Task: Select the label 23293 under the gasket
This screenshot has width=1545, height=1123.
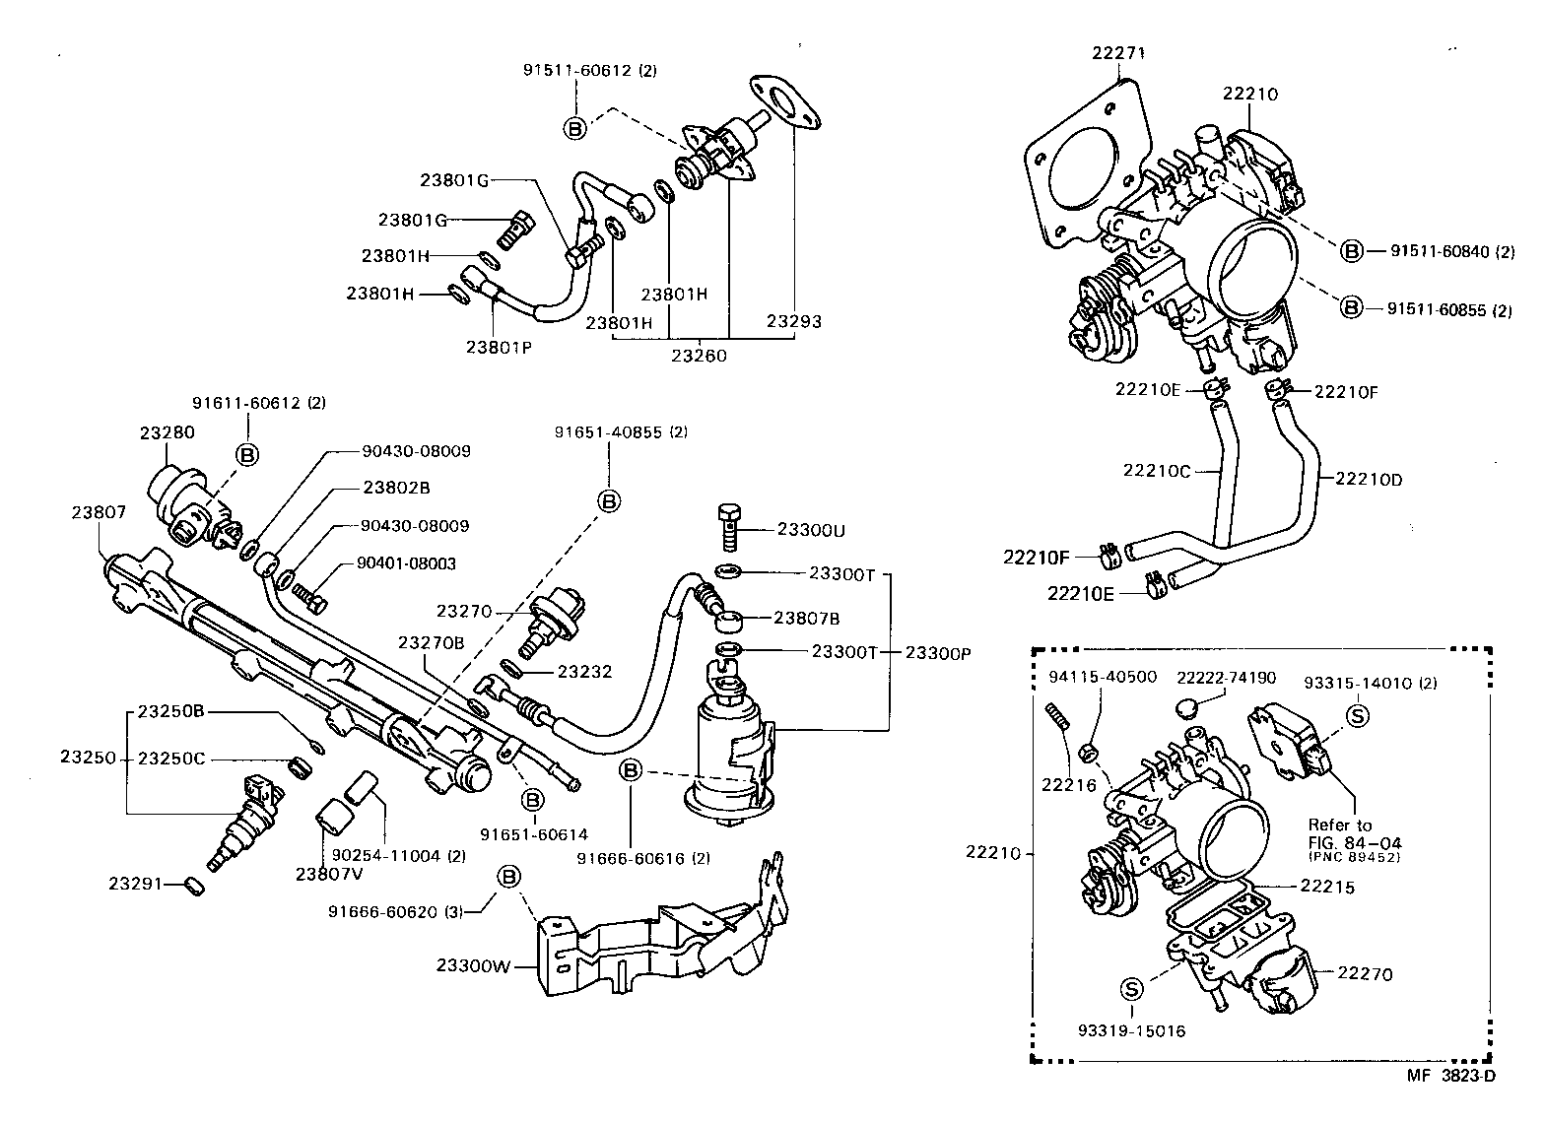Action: pos(794,321)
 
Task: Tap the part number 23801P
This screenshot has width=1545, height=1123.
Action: pos(499,346)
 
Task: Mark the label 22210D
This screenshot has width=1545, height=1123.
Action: pos(1369,480)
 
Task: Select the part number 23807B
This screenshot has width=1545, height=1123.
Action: pos(806,618)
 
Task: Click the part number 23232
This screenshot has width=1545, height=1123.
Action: pos(584,672)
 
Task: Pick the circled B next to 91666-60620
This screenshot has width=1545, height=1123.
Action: pos(508,877)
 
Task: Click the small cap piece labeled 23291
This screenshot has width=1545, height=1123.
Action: pos(195,887)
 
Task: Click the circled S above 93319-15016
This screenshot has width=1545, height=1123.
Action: pos(1131,988)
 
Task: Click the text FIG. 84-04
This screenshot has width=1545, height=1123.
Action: pos(1354,842)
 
